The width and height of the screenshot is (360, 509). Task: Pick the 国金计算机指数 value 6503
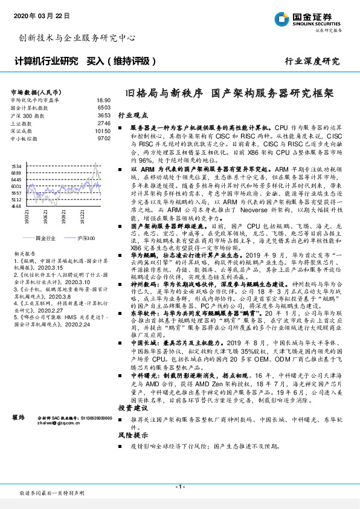(x=104, y=108)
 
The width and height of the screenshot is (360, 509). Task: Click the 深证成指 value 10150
(x=103, y=131)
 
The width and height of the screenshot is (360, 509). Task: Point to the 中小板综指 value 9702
(x=104, y=138)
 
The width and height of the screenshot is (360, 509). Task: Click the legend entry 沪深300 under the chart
(x=85, y=239)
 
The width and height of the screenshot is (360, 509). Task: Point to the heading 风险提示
(x=132, y=435)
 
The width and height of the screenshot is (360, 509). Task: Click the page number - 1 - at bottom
(x=179, y=487)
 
